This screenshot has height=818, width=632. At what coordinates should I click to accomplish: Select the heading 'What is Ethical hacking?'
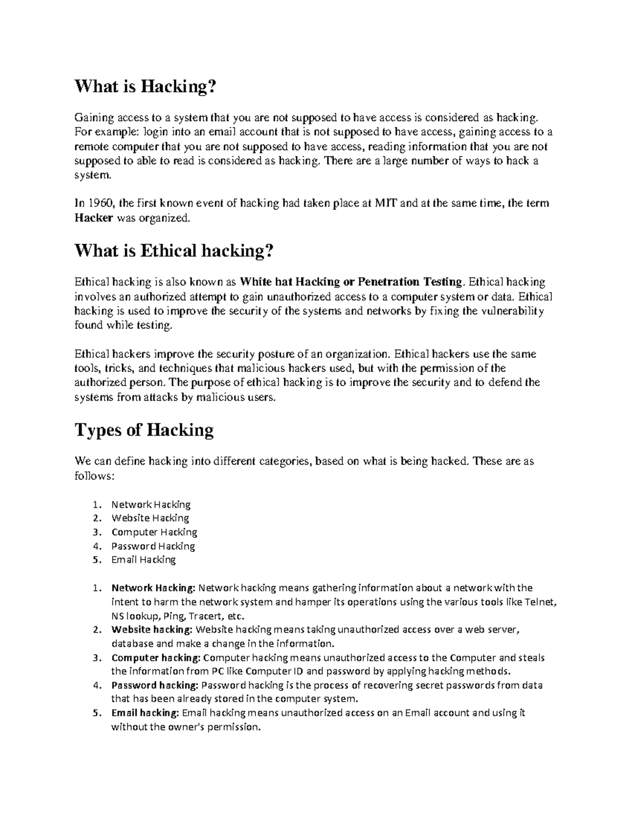(174, 251)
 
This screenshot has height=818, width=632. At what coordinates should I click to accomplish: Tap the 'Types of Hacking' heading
(144, 430)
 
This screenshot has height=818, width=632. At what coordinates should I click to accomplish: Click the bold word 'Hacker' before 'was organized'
(94, 218)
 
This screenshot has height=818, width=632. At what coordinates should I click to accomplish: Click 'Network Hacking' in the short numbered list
(151, 505)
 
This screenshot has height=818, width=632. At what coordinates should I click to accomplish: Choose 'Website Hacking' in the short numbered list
(150, 518)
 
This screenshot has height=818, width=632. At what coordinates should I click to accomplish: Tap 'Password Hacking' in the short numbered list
(153, 546)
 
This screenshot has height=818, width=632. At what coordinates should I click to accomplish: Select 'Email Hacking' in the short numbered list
(143, 560)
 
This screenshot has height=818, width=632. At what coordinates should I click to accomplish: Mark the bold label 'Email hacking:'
(145, 713)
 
